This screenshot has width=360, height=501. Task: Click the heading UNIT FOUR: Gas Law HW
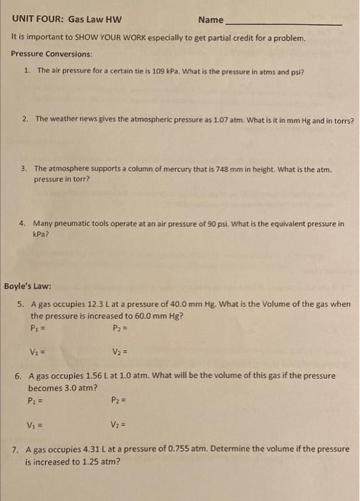click(x=64, y=19)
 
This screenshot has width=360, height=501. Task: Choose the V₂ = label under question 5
click(x=120, y=351)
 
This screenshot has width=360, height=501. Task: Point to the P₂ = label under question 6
click(x=120, y=401)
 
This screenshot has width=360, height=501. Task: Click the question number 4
click(x=23, y=223)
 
